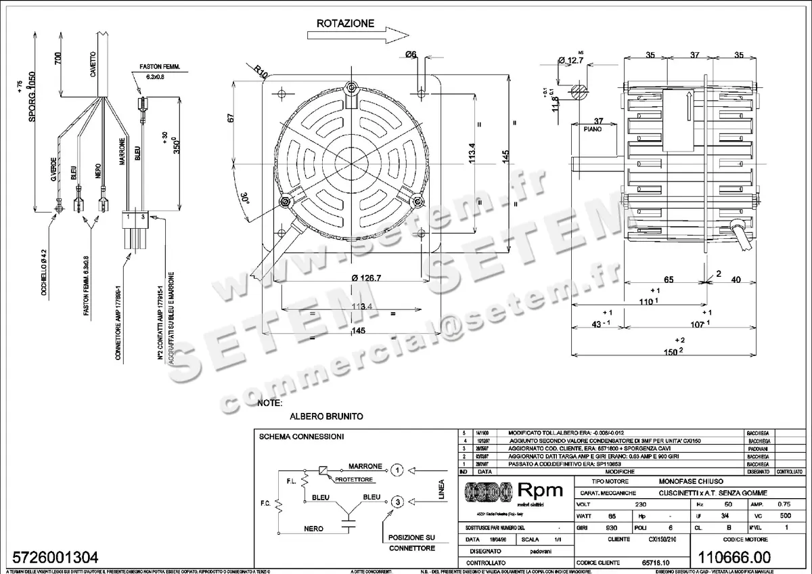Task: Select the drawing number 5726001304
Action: point(51,557)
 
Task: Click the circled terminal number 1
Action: point(398,469)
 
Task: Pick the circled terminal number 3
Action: point(398,502)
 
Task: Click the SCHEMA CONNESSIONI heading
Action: point(301,437)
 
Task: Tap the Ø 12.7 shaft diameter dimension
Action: point(570,61)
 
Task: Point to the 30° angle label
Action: point(244,198)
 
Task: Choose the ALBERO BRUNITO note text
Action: point(326,416)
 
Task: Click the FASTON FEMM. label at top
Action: point(158,68)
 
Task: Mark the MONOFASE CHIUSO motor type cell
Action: point(679,479)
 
